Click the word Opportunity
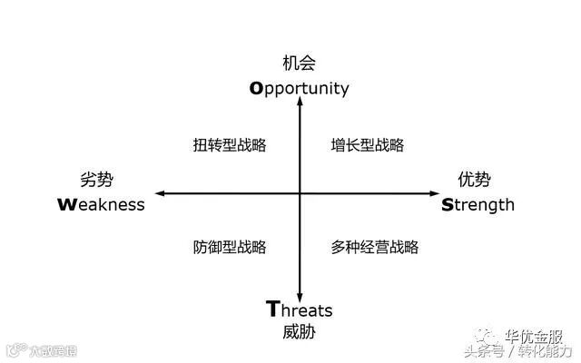click(300, 88)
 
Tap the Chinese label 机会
click(300, 64)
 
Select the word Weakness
click(100, 204)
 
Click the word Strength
click(478, 204)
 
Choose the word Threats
click(300, 309)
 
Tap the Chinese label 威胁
click(300, 332)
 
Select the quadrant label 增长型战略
click(368, 145)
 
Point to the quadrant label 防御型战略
click(230, 247)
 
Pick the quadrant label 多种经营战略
click(374, 247)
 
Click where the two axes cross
click(300, 193)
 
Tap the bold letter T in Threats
click(272, 309)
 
